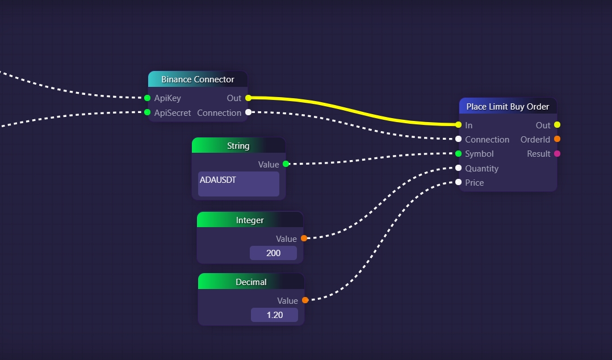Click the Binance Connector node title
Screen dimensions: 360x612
198,79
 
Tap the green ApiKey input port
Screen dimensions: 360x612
147,98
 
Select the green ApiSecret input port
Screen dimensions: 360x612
147,112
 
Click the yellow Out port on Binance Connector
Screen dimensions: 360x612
248,98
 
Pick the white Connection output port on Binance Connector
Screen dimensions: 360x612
248,112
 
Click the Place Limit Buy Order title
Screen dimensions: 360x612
508,107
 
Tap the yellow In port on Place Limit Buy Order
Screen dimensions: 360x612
458,125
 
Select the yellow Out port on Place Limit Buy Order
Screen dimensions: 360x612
557,125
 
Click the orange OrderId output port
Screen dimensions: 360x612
557,139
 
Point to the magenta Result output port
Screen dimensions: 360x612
557,154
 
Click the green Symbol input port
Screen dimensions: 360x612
458,154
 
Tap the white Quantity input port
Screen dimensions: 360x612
458,168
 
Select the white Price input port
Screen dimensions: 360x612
458,182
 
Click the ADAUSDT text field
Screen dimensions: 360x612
238,184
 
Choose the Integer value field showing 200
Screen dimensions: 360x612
273,253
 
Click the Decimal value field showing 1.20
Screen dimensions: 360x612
274,315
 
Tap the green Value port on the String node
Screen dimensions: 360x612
286,164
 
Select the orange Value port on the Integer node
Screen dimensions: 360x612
304,238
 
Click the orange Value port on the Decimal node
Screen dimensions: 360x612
305,300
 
